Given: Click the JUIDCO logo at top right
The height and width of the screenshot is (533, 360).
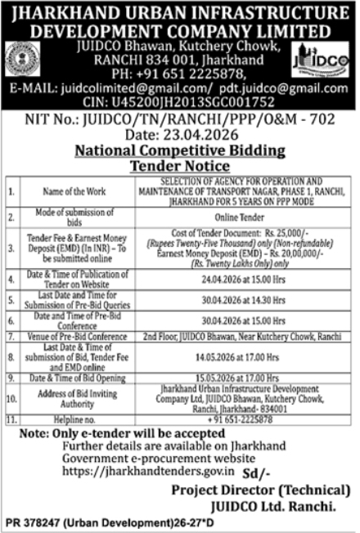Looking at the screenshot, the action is click(320, 58).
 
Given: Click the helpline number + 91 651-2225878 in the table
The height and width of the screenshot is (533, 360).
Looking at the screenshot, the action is click(237, 418).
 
